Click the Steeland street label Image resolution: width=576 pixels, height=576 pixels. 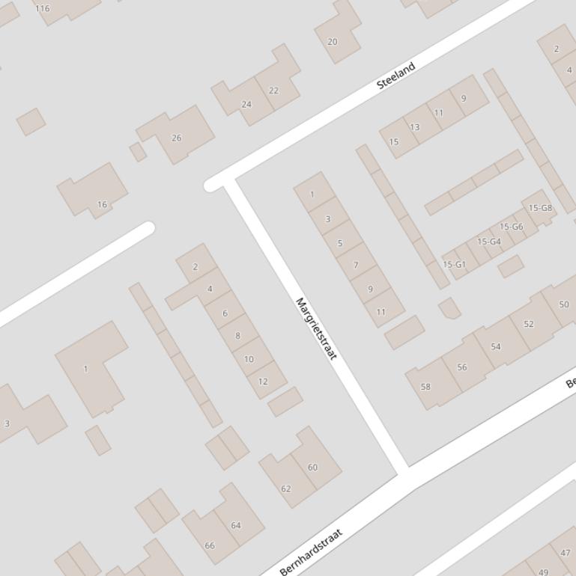tap(395, 76)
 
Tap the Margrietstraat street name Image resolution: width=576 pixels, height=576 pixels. tap(316, 328)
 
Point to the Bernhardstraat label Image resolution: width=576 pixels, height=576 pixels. tap(311, 552)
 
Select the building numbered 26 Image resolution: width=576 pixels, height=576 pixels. tap(177, 138)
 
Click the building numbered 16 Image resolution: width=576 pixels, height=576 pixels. tap(102, 204)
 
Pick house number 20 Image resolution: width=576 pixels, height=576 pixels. tap(333, 42)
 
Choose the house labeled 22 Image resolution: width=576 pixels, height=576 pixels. tap(273, 91)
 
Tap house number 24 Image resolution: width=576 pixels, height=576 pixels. tap(246, 104)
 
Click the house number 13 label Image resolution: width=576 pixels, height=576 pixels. tap(414, 127)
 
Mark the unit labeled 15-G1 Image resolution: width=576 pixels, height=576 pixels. tap(454, 265)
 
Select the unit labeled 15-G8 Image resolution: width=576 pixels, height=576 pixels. tap(540, 208)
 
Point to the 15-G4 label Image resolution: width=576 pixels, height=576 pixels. tap(489, 242)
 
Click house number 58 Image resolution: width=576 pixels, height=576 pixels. tap(425, 387)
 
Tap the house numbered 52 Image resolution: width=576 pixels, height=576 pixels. tap(529, 324)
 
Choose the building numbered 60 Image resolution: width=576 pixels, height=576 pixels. tap(312, 468)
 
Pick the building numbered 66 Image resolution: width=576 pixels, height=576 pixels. tap(210, 545)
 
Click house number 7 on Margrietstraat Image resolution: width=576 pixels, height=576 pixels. tap(356, 265)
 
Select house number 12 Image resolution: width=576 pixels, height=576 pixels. tap(262, 382)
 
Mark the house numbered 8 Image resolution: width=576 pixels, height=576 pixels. tap(237, 336)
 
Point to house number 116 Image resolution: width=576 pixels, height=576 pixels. tap(42, 9)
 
